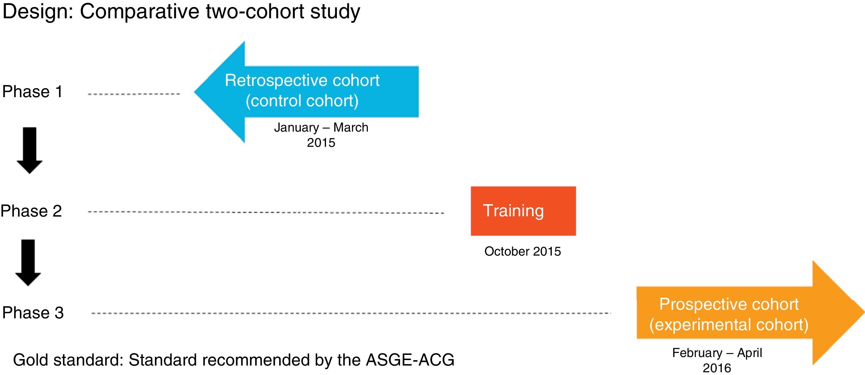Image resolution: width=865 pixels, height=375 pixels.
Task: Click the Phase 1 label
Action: [x=32, y=92]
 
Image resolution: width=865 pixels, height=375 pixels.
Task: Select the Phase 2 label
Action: [x=31, y=211]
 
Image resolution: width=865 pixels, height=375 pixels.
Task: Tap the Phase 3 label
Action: [x=33, y=313]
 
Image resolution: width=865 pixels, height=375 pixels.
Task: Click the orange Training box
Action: [x=523, y=211]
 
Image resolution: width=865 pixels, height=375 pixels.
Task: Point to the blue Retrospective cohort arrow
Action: [x=306, y=92]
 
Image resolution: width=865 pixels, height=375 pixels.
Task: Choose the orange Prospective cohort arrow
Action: [x=750, y=313]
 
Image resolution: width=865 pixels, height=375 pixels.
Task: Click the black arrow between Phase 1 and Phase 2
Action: [x=30, y=150]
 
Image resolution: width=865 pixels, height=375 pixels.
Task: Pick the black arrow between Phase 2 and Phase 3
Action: [x=28, y=263]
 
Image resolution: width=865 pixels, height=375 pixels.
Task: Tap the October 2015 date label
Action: [x=523, y=251]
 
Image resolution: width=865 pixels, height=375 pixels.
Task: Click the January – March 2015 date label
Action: [x=321, y=135]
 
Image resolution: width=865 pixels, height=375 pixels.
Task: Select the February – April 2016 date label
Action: [x=717, y=361]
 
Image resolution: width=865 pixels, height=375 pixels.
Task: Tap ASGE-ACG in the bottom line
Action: [x=410, y=359]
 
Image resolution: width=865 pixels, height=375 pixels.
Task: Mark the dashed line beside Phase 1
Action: [x=134, y=94]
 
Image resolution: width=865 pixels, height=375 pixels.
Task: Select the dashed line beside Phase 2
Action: [x=266, y=212]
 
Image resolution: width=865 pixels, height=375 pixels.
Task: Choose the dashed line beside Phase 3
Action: [x=351, y=313]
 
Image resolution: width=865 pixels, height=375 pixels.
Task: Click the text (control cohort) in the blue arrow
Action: [x=302, y=101]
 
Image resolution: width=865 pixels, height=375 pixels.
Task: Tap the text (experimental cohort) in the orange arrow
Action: [x=729, y=325]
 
